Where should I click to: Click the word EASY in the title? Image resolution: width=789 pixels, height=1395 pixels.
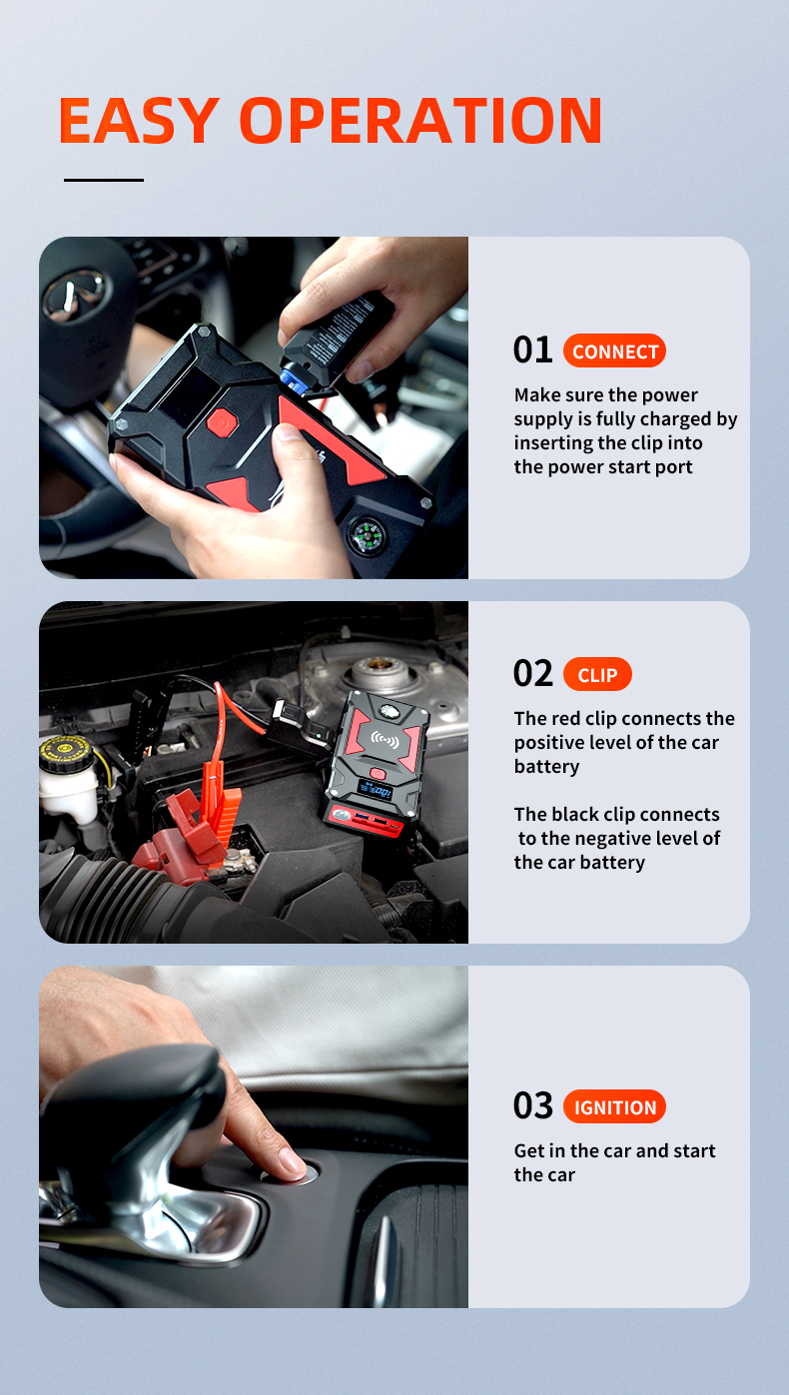coord(138,121)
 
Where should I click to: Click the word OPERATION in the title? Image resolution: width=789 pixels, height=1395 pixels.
coord(420,121)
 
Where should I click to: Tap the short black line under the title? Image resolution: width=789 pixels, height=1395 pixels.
coord(104,181)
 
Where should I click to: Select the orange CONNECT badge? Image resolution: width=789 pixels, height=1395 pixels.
coord(614,351)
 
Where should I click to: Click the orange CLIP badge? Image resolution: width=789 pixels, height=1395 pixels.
coord(597,675)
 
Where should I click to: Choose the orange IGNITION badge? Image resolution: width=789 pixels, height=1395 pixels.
coord(614,1107)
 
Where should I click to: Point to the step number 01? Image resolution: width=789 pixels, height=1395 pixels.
coord(532,350)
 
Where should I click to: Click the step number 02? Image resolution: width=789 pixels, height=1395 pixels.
coord(532,674)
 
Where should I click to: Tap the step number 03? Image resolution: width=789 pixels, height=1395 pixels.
coord(532,1106)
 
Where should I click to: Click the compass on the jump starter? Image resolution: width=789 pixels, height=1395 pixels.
coord(366,535)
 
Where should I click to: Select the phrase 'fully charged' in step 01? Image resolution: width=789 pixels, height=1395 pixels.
coord(651,419)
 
